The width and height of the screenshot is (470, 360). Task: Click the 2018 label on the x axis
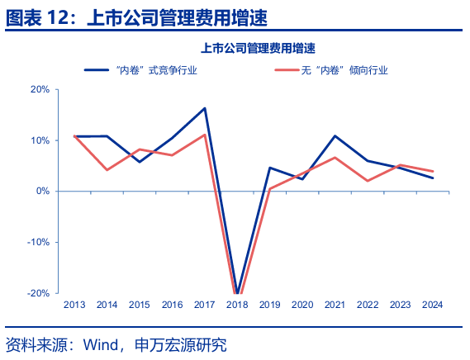click(238, 304)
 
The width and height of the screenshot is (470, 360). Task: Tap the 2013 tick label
click(74, 304)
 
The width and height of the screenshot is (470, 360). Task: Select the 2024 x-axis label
click(433, 304)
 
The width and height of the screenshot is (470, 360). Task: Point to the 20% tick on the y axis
click(41, 89)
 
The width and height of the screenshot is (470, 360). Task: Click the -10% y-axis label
click(40, 242)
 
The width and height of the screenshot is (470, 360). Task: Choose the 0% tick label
click(44, 191)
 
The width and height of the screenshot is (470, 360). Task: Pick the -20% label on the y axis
click(40, 293)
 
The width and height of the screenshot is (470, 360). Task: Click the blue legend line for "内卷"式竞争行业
click(98, 70)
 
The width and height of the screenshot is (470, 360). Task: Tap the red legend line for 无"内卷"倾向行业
click(287, 70)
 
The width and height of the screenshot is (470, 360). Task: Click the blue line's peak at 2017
click(205, 108)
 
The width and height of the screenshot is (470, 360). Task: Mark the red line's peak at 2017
click(205, 135)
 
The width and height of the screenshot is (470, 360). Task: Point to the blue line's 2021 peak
click(335, 135)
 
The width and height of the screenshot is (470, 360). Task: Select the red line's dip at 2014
click(107, 170)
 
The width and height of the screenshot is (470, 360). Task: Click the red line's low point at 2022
click(368, 181)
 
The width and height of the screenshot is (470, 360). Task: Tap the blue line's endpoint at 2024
click(433, 178)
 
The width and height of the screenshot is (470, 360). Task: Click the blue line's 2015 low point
click(140, 162)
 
